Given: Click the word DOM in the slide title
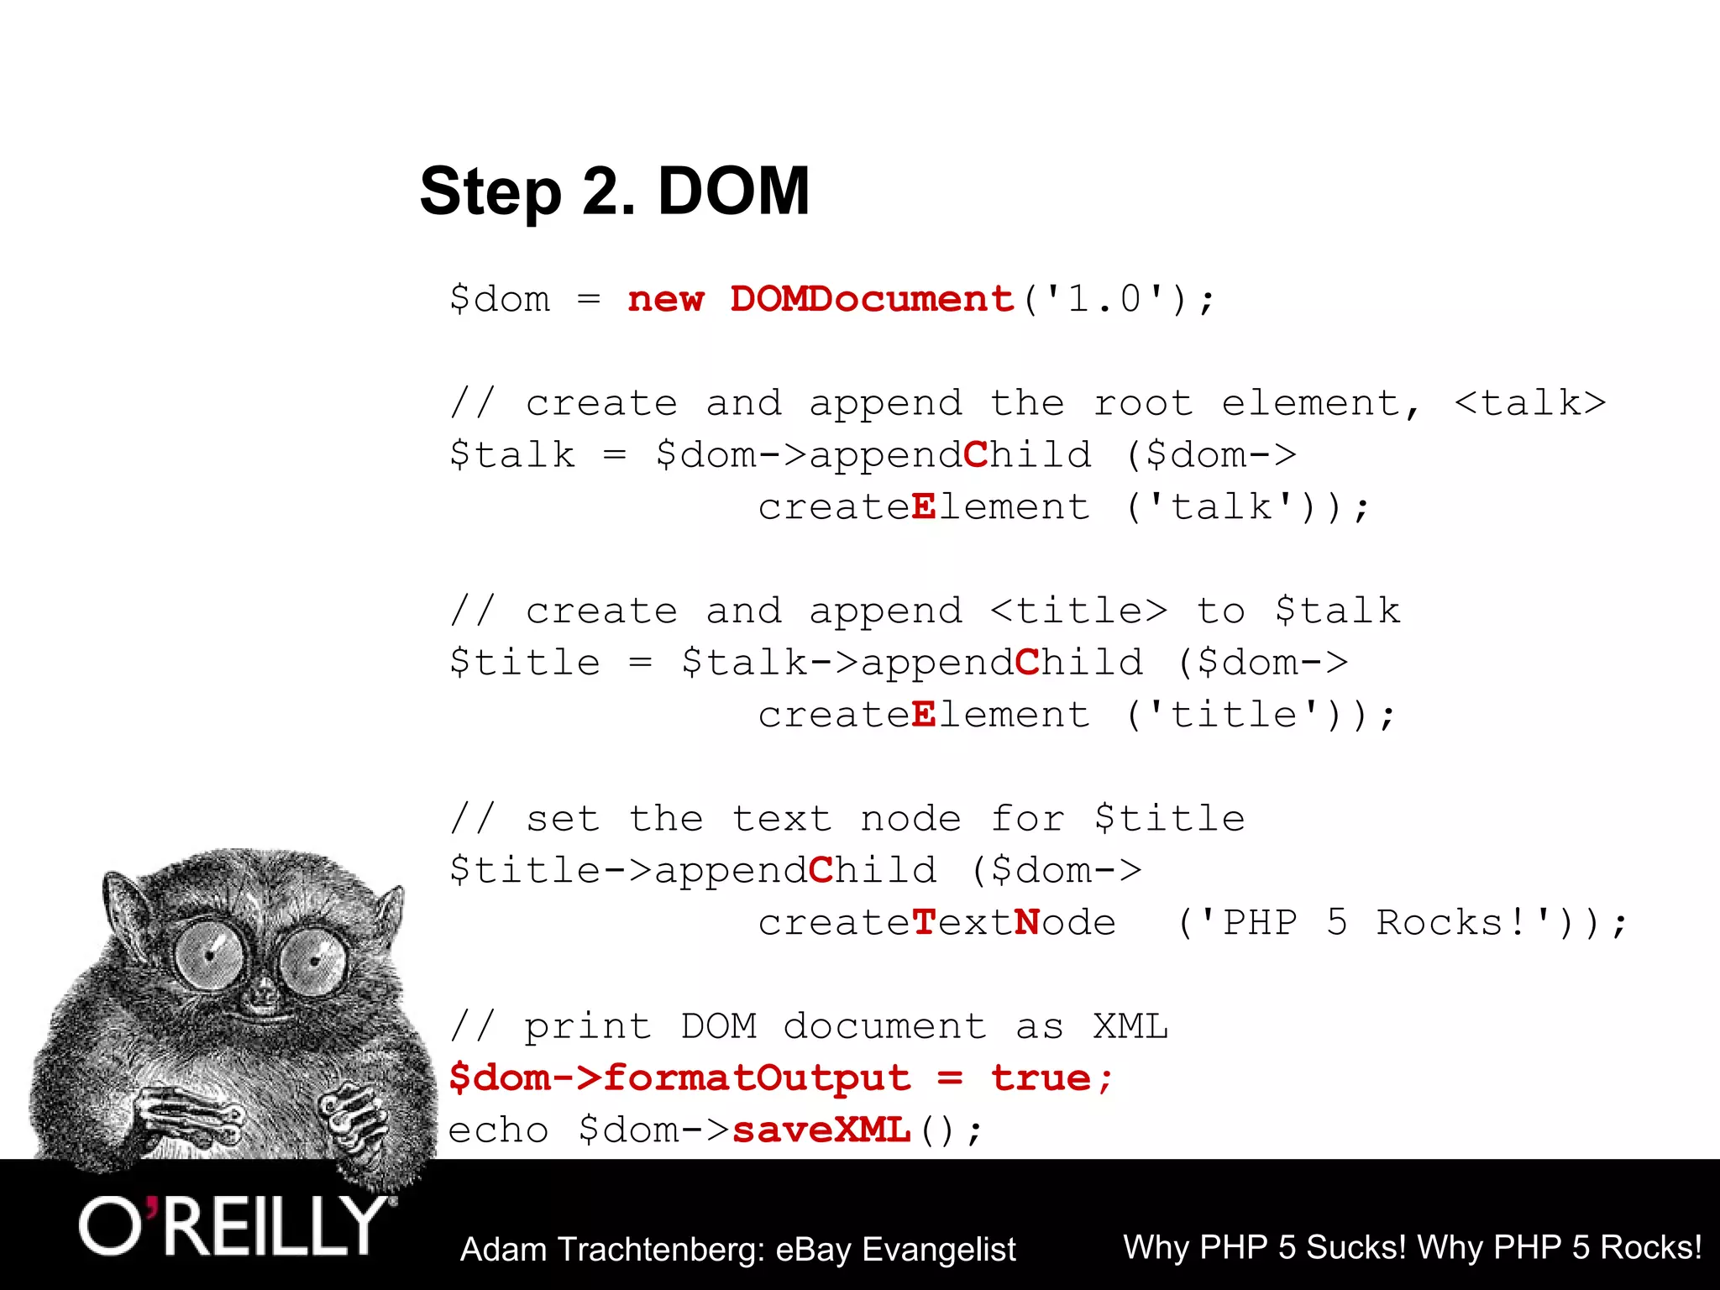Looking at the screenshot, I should pos(733,191).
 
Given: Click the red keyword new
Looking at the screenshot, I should pos(665,300).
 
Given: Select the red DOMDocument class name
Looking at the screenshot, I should pos(872,300).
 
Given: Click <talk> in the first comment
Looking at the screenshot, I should pos(1529,404).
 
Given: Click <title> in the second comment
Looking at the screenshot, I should pos(1078,611).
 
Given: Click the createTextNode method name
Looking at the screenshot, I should pos(936,923).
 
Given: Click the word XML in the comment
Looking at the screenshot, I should pos(1130,1027).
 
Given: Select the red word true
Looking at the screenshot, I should pos(1041,1078).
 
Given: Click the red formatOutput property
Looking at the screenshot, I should pos(757,1078).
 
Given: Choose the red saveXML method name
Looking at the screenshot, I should pos(821,1130).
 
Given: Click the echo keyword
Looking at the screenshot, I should pos(498,1130).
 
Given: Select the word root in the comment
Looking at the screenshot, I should pos(1143,404).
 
